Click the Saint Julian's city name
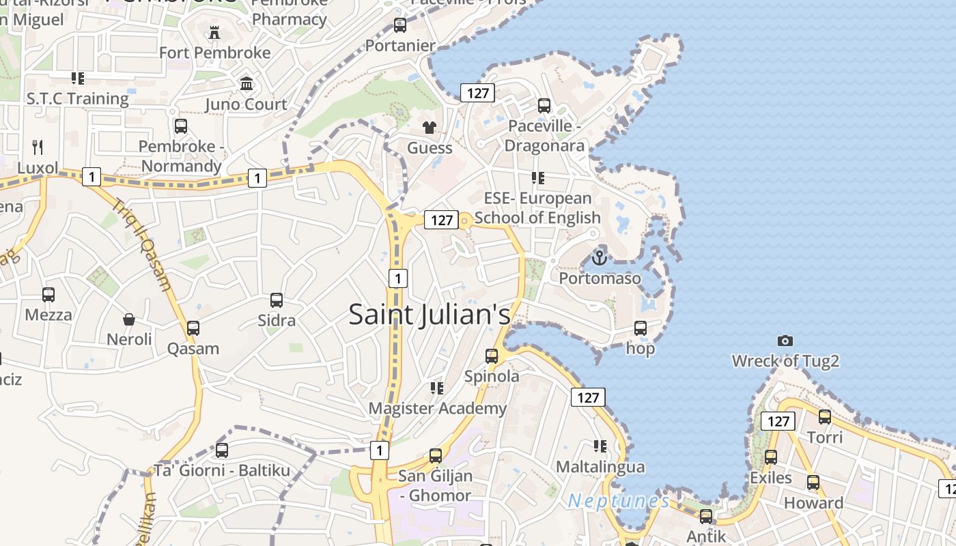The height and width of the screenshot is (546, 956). coord(430,315)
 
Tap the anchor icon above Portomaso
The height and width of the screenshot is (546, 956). coord(599,258)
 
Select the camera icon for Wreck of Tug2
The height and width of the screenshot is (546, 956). coord(785,340)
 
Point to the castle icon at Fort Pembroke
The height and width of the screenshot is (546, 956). coord(214,32)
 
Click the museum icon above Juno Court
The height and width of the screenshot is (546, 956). coord(247,84)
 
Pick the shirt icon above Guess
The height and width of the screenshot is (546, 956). coord(430,127)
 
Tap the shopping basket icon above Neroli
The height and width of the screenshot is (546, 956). coord(129,319)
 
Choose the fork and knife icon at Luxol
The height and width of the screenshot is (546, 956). coord(38,147)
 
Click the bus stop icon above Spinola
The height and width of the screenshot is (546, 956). coord(492,356)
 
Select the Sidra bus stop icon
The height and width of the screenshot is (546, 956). coord(277,300)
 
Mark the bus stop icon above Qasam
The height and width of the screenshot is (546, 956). coord(193,328)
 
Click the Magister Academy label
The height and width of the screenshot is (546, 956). coord(438,409)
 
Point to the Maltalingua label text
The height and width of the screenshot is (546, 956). coord(600,467)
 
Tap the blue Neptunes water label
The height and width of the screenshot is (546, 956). coord(619,502)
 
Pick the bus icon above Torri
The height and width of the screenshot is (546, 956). coord(825,416)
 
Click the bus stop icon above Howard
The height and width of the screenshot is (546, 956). coord(813,483)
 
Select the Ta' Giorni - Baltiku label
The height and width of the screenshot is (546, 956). coord(222,470)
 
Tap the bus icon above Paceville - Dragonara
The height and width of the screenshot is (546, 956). coord(544,106)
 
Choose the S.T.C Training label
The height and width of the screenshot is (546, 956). coord(77,98)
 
